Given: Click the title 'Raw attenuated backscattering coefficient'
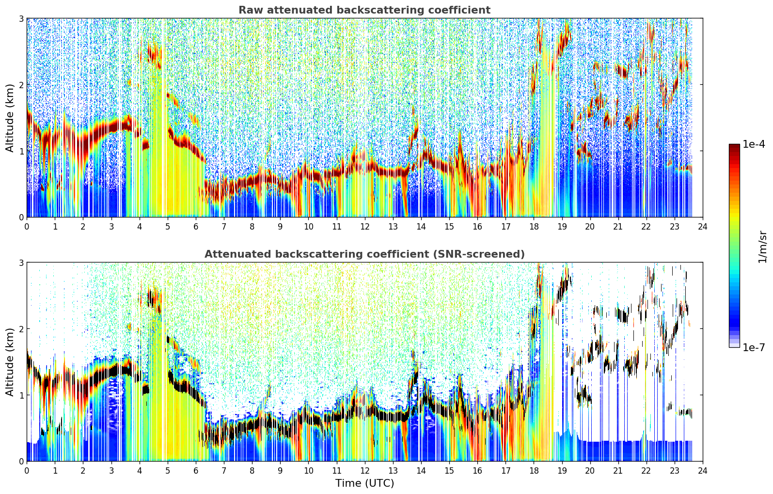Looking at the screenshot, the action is [364, 10].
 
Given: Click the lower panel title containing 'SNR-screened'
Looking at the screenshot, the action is [364, 254].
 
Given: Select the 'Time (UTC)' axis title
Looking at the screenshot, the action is [364, 483].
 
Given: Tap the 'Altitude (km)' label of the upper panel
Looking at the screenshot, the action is [10, 118].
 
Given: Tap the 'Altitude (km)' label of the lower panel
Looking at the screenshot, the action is [10, 362].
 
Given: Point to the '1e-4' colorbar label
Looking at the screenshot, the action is [754, 144].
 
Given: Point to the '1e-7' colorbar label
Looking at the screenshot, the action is [754, 347].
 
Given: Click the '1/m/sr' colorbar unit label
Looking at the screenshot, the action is [762, 247].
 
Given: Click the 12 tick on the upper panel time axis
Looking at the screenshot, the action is [365, 227].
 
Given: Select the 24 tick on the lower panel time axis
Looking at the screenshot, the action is [703, 471].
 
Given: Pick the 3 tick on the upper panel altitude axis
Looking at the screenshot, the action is [21, 18].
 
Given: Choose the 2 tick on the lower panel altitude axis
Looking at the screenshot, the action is [21, 329].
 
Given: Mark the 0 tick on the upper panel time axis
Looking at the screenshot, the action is [27, 227].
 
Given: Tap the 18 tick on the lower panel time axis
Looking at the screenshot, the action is [534, 471].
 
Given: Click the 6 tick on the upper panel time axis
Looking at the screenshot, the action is [196, 227].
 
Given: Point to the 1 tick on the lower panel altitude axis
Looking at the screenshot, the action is [21, 395].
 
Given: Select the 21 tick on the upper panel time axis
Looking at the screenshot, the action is [618, 227].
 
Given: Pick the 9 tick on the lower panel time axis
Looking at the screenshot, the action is [280, 471].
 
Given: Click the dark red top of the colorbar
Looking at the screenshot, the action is [734, 146].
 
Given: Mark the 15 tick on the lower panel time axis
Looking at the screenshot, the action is [449, 471].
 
